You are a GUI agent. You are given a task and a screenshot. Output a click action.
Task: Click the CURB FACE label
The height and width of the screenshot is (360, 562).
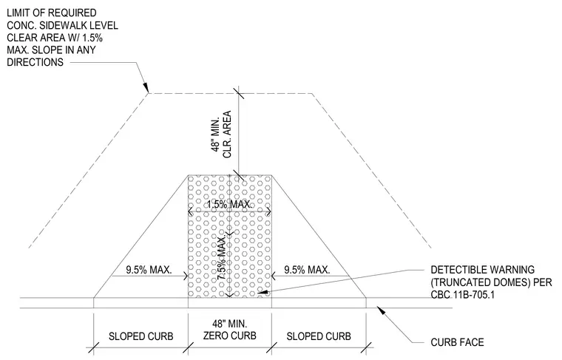[457, 342]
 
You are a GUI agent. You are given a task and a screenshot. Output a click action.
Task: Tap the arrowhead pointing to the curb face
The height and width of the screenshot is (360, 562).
[382, 310]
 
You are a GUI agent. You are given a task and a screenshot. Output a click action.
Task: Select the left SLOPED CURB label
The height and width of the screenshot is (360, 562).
[140, 336]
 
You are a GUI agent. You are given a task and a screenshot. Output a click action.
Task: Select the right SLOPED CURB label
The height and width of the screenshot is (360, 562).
[319, 336]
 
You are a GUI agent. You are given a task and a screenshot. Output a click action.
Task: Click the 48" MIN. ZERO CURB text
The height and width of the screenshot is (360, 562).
[230, 330]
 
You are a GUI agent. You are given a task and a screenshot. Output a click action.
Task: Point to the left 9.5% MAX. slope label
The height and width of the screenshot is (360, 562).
[149, 270]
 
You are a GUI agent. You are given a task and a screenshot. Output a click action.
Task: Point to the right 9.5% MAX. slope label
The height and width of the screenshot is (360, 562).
[307, 270]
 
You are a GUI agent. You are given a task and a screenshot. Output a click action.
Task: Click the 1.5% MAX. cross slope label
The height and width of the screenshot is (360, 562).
[230, 205]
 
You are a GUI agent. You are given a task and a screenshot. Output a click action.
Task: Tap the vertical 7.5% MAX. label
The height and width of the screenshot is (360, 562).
[223, 257]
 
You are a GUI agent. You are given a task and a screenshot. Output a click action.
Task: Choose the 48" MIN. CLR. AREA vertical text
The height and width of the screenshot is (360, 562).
[222, 135]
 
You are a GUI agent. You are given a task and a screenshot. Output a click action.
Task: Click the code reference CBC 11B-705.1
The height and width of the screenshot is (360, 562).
[462, 295]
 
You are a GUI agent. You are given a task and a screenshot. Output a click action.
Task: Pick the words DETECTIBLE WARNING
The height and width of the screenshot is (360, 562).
[482, 270]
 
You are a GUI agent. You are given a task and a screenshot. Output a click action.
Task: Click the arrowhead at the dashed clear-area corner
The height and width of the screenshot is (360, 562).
[146, 87]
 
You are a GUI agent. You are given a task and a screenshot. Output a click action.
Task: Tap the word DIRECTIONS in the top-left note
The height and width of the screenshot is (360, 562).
[35, 62]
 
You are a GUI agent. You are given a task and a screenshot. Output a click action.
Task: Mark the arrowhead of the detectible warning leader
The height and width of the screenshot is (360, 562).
[263, 292]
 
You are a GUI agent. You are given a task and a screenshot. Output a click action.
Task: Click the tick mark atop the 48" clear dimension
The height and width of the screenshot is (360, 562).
[239, 93]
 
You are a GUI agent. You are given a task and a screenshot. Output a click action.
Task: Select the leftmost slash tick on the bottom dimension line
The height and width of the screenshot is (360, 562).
[94, 347]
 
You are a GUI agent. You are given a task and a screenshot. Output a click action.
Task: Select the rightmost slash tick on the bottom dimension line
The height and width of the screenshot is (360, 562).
[366, 347]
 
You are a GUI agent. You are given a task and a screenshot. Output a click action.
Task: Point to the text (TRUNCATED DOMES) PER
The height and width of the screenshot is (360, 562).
[491, 282]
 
